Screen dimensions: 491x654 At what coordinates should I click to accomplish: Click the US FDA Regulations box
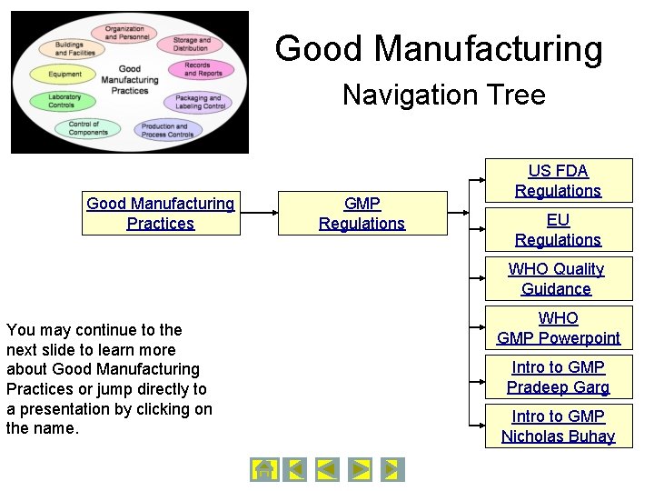[558, 181]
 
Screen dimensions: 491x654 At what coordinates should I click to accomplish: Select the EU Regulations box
[558, 230]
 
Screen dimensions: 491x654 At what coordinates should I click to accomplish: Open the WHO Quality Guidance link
[556, 279]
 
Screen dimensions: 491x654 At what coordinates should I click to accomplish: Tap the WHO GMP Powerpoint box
[558, 328]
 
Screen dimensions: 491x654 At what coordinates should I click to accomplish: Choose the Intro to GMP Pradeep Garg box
[558, 377]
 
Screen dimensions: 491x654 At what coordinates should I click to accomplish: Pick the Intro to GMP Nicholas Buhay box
[558, 426]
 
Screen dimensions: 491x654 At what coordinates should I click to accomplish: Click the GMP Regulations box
[362, 214]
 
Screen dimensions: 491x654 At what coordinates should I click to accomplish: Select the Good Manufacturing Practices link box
[161, 214]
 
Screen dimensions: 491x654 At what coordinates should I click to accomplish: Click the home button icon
[263, 469]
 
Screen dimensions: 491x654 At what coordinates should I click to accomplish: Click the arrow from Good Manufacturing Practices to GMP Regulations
[258, 214]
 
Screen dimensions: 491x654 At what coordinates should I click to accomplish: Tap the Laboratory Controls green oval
[64, 101]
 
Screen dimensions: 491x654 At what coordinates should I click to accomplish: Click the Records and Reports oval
[196, 69]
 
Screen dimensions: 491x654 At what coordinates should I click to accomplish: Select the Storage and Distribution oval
[190, 45]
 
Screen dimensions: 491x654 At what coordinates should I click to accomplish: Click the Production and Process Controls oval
[167, 130]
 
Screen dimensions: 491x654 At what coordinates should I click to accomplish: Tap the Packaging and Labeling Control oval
[199, 102]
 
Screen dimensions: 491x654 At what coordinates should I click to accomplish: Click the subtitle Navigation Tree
[443, 95]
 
